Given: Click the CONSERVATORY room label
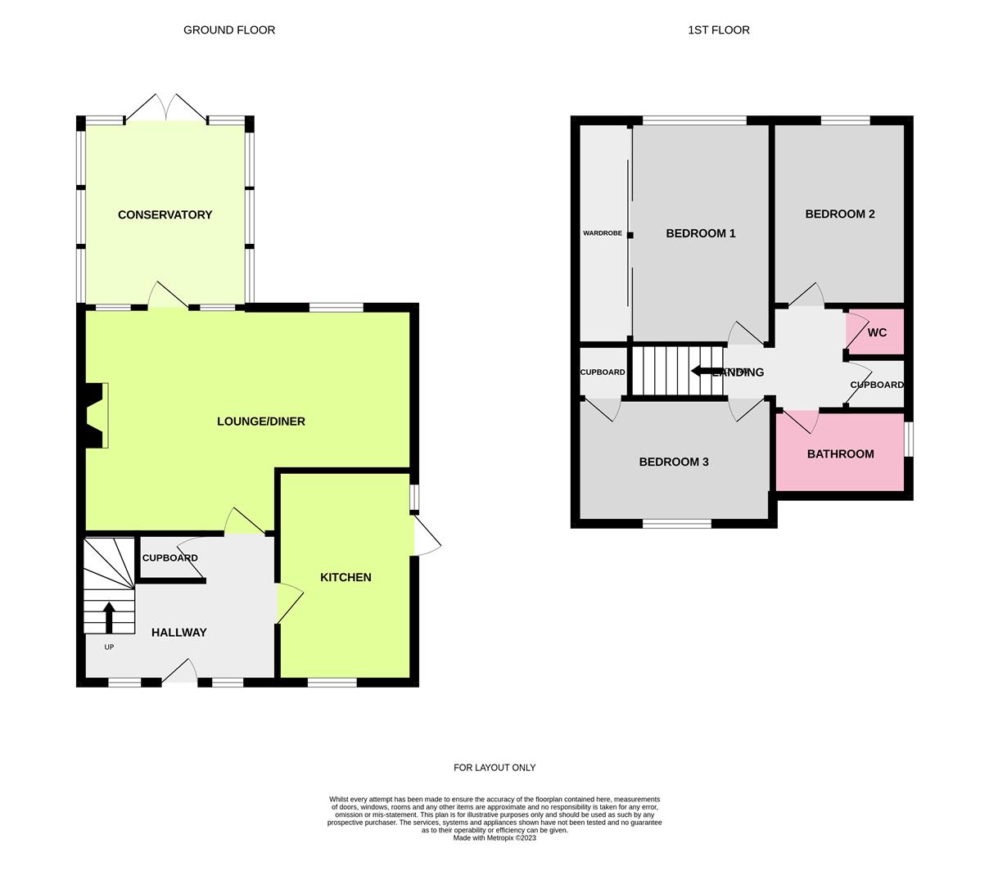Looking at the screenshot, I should click(x=165, y=214).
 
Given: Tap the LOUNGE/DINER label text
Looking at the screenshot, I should click(x=260, y=422).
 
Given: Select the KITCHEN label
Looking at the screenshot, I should click(x=345, y=577).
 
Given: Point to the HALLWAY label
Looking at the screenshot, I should click(x=178, y=632).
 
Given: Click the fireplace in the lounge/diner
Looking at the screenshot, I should click(x=96, y=416).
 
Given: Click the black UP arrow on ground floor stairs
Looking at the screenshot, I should click(x=108, y=617).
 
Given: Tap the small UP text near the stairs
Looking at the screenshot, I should click(x=109, y=647).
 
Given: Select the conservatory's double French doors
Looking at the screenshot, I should click(x=166, y=109).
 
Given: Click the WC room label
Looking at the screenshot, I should click(x=877, y=332).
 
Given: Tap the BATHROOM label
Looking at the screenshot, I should click(x=840, y=453).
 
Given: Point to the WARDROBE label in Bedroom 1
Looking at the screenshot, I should click(x=602, y=233).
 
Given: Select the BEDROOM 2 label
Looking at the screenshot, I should click(x=839, y=214).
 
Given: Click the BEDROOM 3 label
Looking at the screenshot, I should click(x=673, y=462).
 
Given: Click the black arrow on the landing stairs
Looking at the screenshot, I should click(x=704, y=371).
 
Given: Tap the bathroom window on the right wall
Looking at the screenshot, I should click(x=909, y=439).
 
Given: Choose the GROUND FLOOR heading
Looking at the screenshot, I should click(x=228, y=29).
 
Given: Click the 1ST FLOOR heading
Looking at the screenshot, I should click(x=718, y=29).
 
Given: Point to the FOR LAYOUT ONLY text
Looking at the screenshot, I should click(x=494, y=768).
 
